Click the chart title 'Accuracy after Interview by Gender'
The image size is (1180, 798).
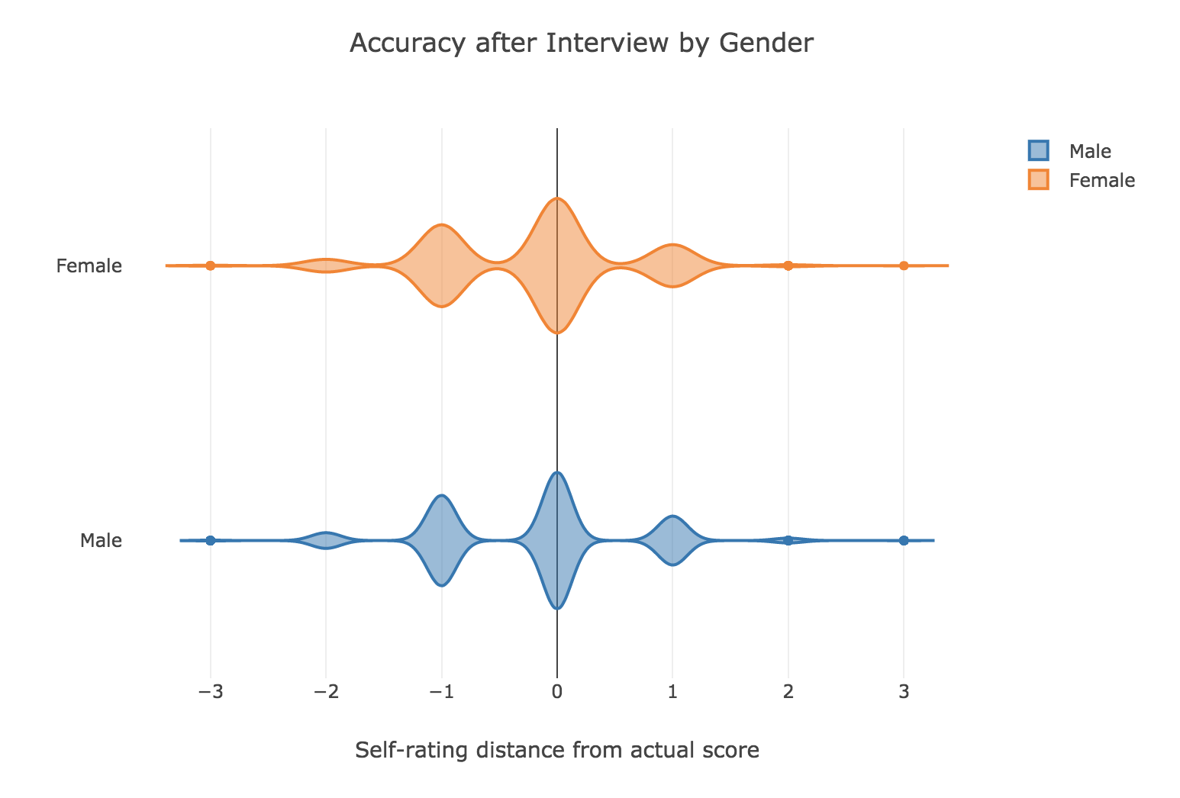pos(582,43)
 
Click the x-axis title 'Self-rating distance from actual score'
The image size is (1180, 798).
pos(557,751)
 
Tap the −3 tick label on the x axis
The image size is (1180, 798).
pos(210,692)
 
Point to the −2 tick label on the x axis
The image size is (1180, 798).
pos(326,692)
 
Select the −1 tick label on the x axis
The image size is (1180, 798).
pos(441,692)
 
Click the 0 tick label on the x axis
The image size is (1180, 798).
pos(557,692)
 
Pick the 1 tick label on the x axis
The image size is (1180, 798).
pos(672,692)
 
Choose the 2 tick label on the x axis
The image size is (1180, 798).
pos(788,692)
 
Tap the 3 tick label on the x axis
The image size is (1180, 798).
pos(904,692)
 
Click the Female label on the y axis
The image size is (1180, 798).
pos(89,266)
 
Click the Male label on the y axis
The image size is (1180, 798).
pos(101,541)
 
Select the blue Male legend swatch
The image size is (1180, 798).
pos(1039,150)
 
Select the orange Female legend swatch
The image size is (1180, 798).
pos(1039,180)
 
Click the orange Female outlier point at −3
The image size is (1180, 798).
pos(211,265)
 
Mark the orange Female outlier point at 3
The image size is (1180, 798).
pos(904,265)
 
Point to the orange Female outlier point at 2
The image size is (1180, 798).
pos(788,265)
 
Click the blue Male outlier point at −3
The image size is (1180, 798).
pos(211,540)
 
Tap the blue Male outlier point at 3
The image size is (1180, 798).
pos(904,540)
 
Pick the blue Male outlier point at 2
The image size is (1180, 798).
pos(788,540)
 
